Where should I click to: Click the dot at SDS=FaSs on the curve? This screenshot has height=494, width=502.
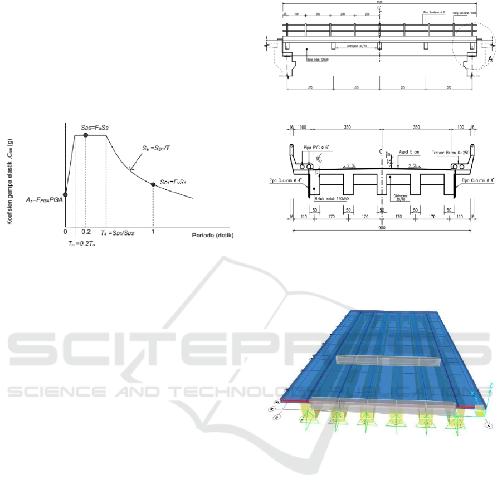tap(85, 135)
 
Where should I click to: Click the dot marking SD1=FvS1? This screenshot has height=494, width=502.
tap(153, 184)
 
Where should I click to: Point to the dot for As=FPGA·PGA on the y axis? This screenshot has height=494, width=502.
tap(65, 194)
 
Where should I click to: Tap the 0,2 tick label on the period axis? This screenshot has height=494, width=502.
tap(86, 231)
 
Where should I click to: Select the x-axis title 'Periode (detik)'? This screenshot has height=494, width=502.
tap(213, 236)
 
